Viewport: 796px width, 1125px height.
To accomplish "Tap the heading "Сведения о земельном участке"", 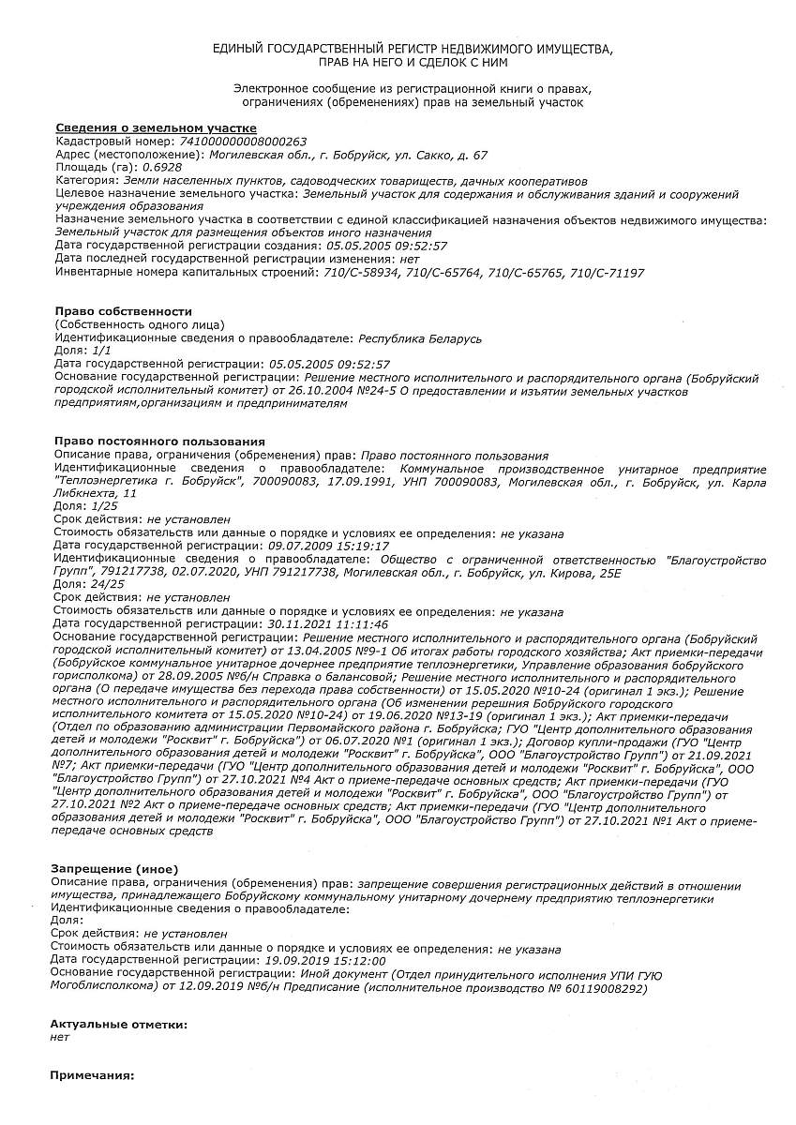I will (x=156, y=127).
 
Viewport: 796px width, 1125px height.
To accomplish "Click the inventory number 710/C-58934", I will (x=359, y=272).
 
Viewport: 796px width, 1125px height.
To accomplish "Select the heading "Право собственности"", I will (x=123, y=310).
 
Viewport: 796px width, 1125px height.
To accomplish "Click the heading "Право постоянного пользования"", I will (x=159, y=441).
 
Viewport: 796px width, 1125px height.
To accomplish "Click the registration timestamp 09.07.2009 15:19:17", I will (x=328, y=546).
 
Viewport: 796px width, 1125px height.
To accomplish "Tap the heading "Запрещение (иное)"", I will (x=113, y=869).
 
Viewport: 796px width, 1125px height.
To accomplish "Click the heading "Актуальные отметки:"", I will (x=118, y=1025).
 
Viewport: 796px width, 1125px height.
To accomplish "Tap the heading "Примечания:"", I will (x=92, y=1075).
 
